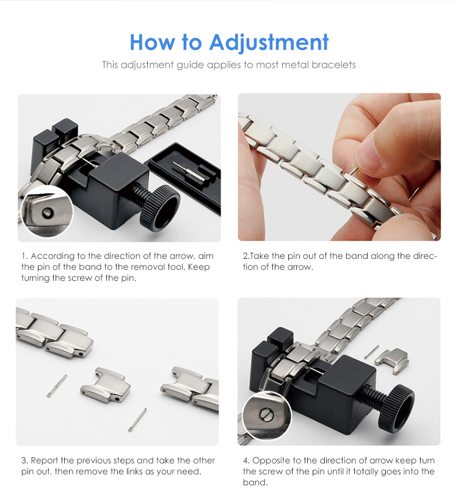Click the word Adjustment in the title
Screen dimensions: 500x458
click(269, 42)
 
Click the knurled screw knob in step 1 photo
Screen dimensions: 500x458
click(159, 206)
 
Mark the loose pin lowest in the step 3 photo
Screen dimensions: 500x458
click(137, 419)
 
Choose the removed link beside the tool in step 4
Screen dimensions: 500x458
click(392, 360)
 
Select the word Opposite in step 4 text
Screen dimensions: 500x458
click(271, 460)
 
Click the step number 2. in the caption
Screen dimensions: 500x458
click(246, 256)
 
